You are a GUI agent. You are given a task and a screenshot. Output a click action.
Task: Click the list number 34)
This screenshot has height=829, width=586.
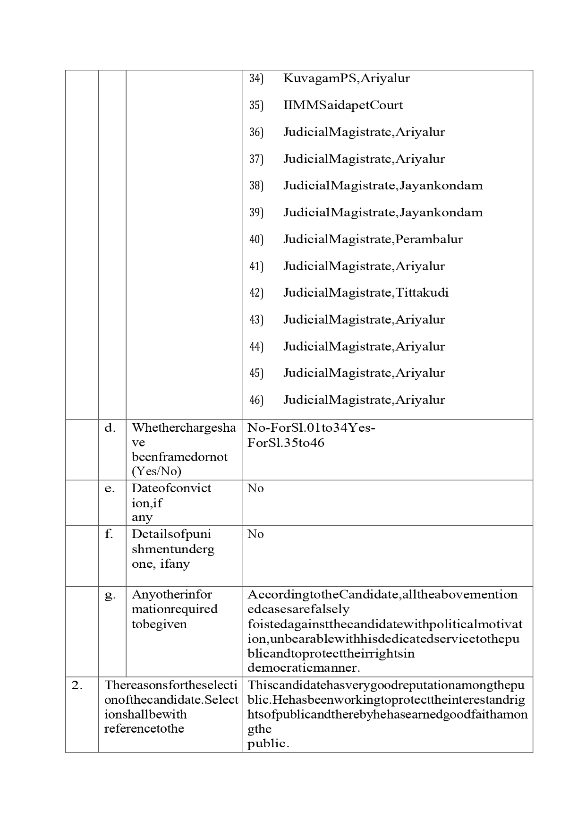(256, 78)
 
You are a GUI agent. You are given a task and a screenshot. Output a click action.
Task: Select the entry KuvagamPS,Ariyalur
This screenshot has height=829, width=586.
(346, 78)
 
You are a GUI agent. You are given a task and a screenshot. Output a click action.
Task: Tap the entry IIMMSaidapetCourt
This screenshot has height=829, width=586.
(343, 105)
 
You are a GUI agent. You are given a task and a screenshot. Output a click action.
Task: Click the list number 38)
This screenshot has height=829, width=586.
(256, 186)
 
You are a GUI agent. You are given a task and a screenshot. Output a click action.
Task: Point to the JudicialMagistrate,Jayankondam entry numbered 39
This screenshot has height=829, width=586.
(382, 213)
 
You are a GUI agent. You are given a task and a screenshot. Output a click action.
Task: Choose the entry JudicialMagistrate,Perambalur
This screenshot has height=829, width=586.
(373, 239)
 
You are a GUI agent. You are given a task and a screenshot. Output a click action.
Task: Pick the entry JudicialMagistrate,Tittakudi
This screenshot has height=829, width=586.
(365, 293)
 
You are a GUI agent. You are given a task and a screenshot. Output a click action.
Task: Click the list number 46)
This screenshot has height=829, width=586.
(256, 400)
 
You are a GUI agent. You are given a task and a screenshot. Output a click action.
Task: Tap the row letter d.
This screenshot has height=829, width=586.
(110, 428)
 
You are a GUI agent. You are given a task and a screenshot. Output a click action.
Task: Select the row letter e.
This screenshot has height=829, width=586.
(110, 488)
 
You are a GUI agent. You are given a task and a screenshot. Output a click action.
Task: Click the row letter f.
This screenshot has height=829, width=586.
(109, 534)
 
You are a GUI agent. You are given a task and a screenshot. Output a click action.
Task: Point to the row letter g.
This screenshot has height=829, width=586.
(110, 595)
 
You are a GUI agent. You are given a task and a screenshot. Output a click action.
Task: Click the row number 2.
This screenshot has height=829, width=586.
(77, 685)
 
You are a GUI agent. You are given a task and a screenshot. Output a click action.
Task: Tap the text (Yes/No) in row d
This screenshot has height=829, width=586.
(156, 471)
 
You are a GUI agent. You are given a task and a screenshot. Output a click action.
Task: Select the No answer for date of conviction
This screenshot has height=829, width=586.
(255, 488)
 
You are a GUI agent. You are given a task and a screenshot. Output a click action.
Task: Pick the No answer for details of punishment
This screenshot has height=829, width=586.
(255, 534)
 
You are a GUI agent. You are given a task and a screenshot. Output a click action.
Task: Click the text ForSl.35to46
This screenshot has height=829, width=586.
(286, 443)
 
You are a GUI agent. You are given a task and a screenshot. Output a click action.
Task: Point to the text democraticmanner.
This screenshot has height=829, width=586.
(304, 668)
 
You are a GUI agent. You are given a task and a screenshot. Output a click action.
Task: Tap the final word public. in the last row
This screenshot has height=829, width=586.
(268, 744)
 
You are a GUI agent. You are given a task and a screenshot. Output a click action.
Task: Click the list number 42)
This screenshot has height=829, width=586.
(256, 293)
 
